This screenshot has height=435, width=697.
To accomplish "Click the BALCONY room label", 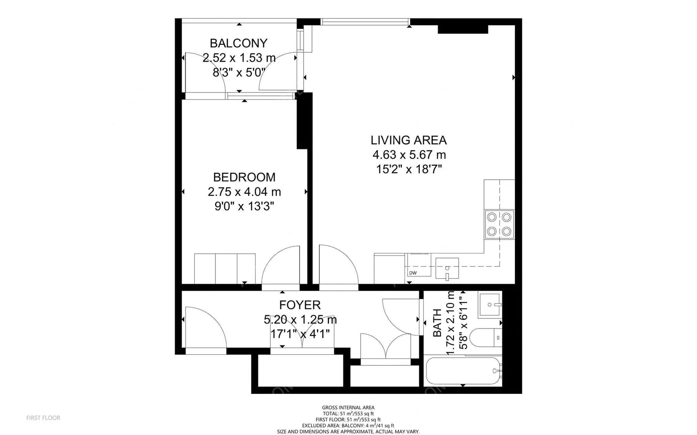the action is coord(239,43).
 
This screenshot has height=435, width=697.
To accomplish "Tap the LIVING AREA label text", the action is coord(409,140).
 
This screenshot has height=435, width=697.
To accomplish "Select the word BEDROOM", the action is coord(244,177).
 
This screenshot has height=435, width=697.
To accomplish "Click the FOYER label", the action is coord(299,305).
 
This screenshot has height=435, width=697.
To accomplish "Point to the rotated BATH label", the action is coord(437,323).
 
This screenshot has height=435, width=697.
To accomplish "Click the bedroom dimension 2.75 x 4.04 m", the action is coord(244,192).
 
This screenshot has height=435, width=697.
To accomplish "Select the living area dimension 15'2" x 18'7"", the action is coord(409,169).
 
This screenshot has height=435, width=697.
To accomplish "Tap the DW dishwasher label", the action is coord(413,273).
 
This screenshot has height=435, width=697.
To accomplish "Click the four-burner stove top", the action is coord(499,224).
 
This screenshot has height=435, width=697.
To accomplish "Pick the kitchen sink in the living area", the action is coord(447,268).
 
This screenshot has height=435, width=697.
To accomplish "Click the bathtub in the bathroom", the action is coord(463,371).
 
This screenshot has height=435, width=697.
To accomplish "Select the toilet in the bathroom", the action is coord(485,337).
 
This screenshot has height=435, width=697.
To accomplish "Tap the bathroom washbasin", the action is coord(490,305).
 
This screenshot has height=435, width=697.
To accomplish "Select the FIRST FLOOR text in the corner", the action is coord(43,418).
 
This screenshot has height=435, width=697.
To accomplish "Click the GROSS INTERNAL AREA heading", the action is coord(348,407).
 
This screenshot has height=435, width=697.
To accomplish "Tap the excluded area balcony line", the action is coord(348,425).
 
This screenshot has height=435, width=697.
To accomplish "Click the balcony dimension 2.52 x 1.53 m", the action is coord(239,58).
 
